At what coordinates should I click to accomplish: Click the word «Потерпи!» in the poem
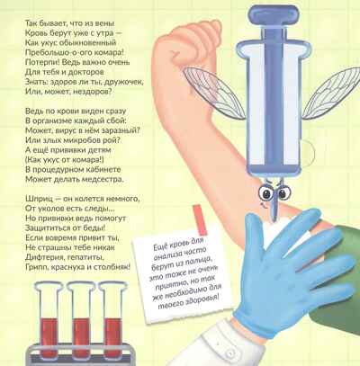tap(39, 62)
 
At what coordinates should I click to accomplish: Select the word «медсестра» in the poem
tap(98, 179)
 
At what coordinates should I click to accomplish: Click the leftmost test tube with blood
tap(49, 317)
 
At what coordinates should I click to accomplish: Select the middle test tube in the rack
tap(81, 317)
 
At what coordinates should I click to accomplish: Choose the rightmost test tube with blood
tap(113, 317)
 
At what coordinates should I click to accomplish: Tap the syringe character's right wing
tap(331, 93)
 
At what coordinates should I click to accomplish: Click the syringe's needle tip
tap(274, 219)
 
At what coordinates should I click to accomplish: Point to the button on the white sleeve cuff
tap(231, 353)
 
